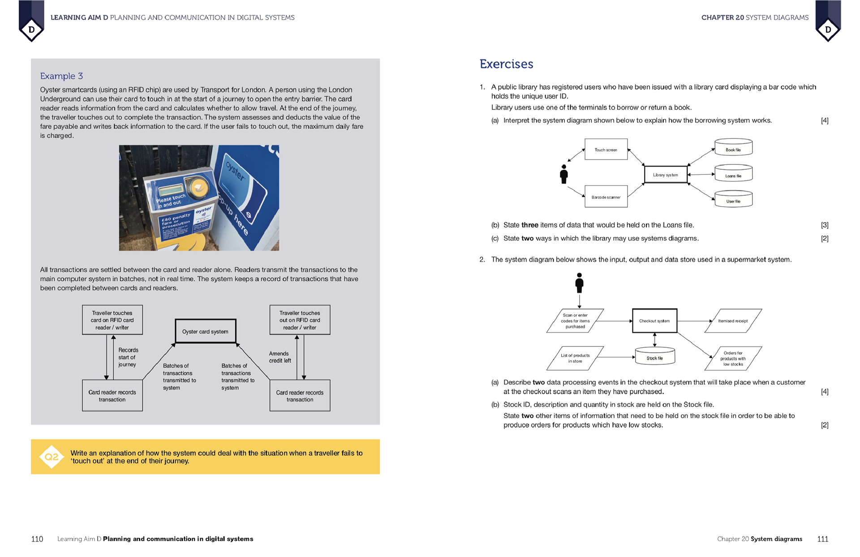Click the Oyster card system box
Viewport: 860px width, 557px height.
205,331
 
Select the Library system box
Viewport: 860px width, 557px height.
665,175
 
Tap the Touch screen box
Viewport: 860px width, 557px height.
606,150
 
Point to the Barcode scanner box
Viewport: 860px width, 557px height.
606,197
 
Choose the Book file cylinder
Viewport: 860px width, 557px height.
733,148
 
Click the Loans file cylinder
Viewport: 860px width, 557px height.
733,174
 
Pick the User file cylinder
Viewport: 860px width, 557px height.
733,199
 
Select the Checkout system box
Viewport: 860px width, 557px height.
654,321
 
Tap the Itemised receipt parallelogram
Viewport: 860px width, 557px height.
733,321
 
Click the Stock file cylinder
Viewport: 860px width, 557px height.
654,357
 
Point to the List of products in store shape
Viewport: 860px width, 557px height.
575,358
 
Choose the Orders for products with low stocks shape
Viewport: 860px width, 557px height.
733,358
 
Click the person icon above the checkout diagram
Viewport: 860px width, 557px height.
579,283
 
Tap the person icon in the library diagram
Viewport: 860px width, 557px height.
564,174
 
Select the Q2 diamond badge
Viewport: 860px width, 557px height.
52,457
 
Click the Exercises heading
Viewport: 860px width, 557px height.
506,64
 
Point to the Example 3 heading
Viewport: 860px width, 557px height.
61,76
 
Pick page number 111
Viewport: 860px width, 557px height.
822,539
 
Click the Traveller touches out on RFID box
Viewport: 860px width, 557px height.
300,320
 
